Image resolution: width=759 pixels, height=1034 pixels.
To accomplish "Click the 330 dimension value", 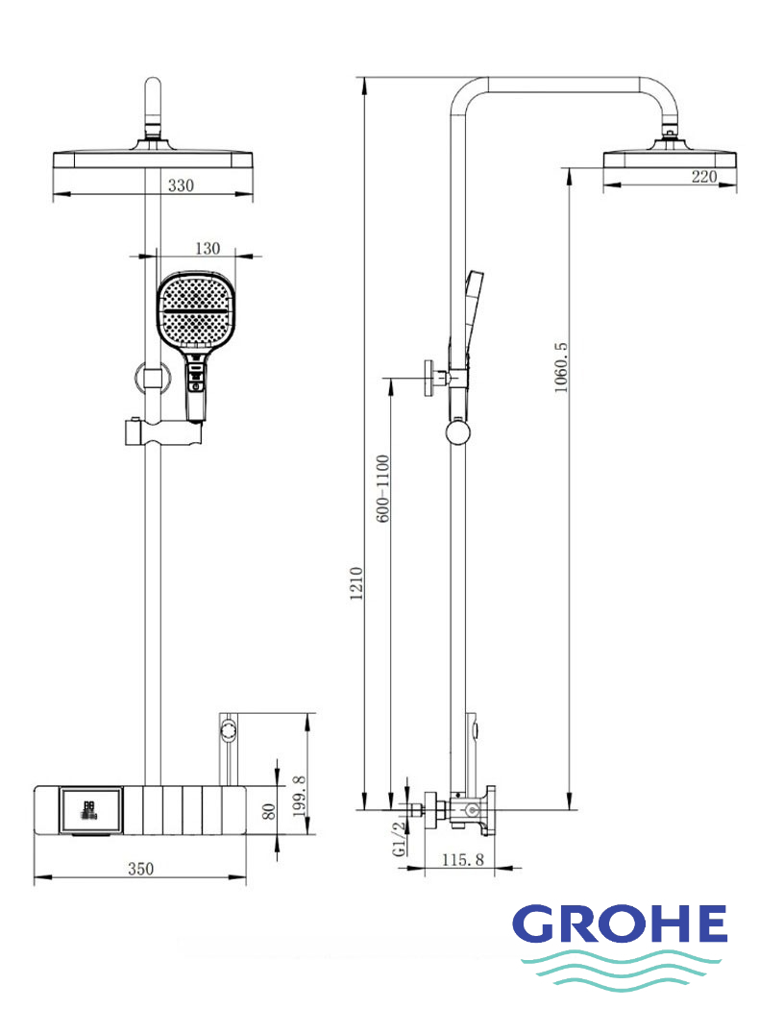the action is point(181,185).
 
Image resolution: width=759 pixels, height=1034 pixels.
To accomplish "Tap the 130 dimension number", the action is point(208,249).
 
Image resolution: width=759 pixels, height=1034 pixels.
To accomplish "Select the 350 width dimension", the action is point(140,869).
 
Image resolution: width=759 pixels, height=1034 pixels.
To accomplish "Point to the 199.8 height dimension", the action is point(299,796).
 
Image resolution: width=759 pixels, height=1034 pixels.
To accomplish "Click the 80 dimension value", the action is point(268,811).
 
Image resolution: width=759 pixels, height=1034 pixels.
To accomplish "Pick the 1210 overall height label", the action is point(356,583).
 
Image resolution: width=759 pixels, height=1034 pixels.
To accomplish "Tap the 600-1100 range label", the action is point(382,488).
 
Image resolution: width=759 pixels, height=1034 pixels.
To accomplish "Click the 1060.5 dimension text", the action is point(560,367).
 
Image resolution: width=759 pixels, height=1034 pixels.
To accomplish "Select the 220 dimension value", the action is point(703,176).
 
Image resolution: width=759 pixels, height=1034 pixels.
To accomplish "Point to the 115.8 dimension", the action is point(463,859).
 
